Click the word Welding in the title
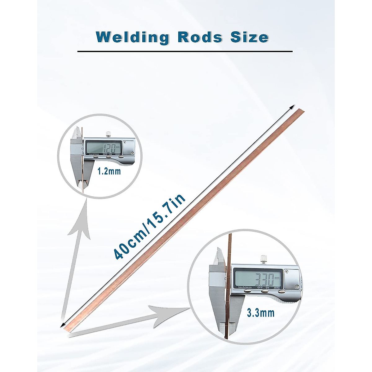point(132,37)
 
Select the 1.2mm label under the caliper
point(109,171)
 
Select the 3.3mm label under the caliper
point(261,313)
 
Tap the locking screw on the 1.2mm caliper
point(108,134)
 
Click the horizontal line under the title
point(185,51)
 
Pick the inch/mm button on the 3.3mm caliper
point(247,291)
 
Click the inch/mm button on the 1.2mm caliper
point(95,157)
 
